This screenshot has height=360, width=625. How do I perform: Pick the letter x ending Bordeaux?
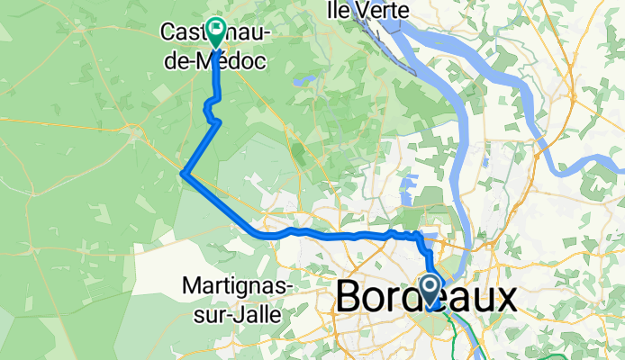[506, 300]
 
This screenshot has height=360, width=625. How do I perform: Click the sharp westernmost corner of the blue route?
[183, 174]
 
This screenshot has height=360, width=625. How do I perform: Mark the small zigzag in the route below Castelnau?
[212, 113]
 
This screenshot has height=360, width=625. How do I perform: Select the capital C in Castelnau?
[168, 32]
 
